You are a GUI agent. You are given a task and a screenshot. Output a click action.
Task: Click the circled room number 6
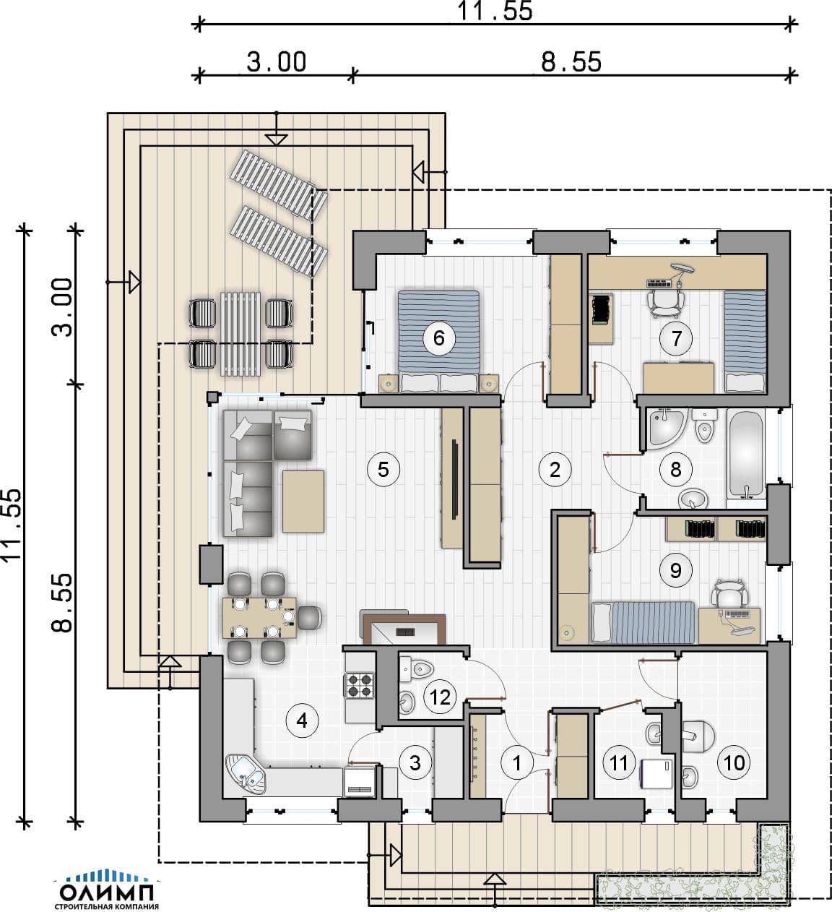(x=438, y=337)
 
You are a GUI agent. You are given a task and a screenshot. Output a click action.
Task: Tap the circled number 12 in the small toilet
(x=439, y=697)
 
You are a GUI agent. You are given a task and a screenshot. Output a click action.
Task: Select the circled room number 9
(x=675, y=570)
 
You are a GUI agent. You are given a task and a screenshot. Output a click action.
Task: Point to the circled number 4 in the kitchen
(x=302, y=720)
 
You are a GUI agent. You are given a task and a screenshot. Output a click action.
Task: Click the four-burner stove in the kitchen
(x=360, y=686)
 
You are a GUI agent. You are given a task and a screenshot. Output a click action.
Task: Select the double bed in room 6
(x=438, y=341)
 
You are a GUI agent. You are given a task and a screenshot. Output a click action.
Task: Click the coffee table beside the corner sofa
(x=303, y=502)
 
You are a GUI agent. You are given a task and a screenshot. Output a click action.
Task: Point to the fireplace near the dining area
(x=403, y=628)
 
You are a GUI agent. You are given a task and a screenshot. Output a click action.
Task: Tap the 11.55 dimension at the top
(x=495, y=11)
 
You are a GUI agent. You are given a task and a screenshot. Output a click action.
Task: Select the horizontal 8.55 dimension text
(x=571, y=61)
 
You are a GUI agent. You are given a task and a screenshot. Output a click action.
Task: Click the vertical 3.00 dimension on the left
(x=61, y=306)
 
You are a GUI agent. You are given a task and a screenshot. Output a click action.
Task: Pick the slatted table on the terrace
(x=240, y=334)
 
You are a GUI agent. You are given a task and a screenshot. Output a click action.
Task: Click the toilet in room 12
(x=417, y=668)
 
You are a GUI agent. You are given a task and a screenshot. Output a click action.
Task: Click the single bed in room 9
(x=643, y=622)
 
